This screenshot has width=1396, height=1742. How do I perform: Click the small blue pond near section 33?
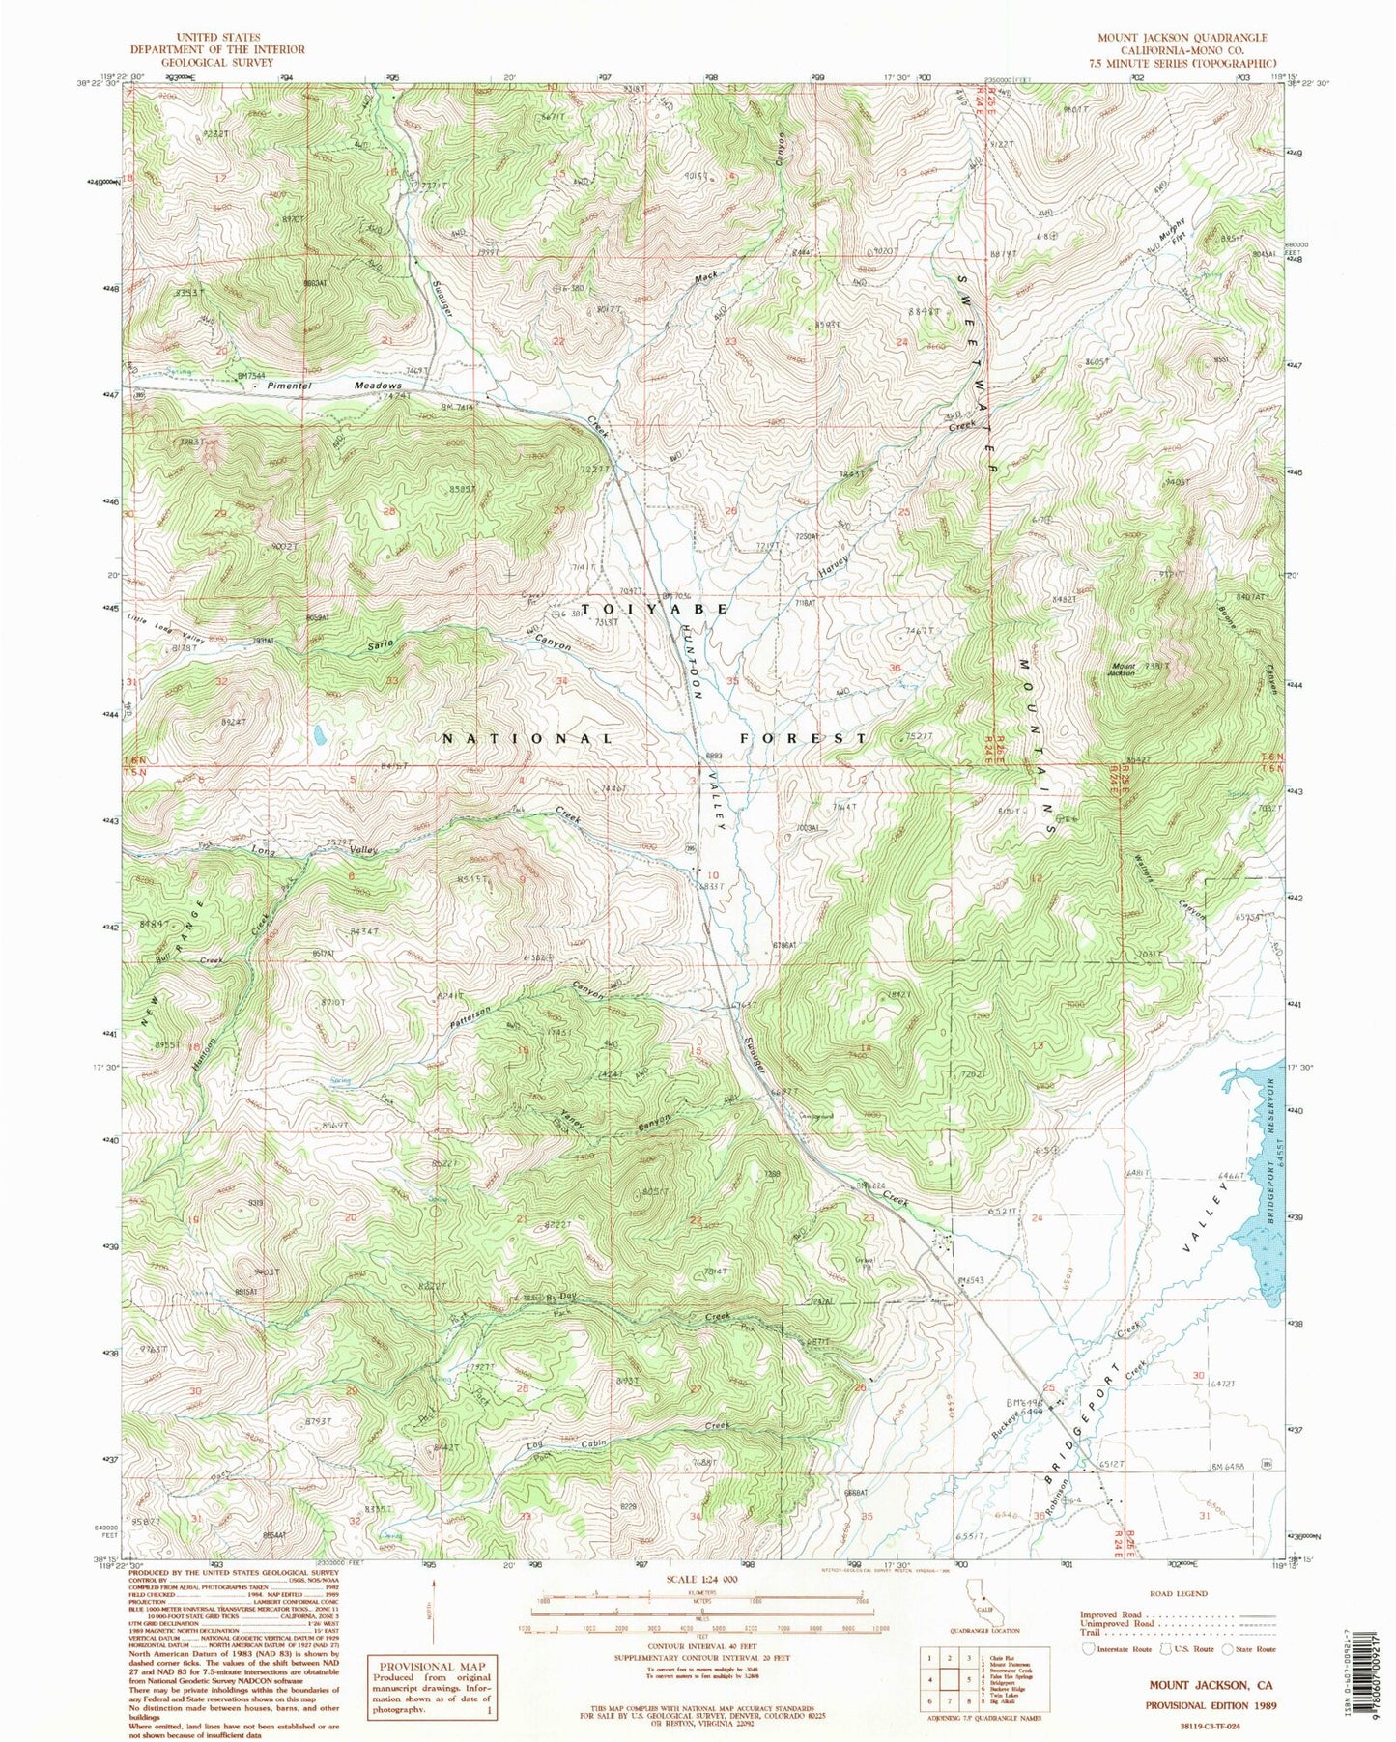[318, 737]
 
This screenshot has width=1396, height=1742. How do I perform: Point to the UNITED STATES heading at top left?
[217, 37]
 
